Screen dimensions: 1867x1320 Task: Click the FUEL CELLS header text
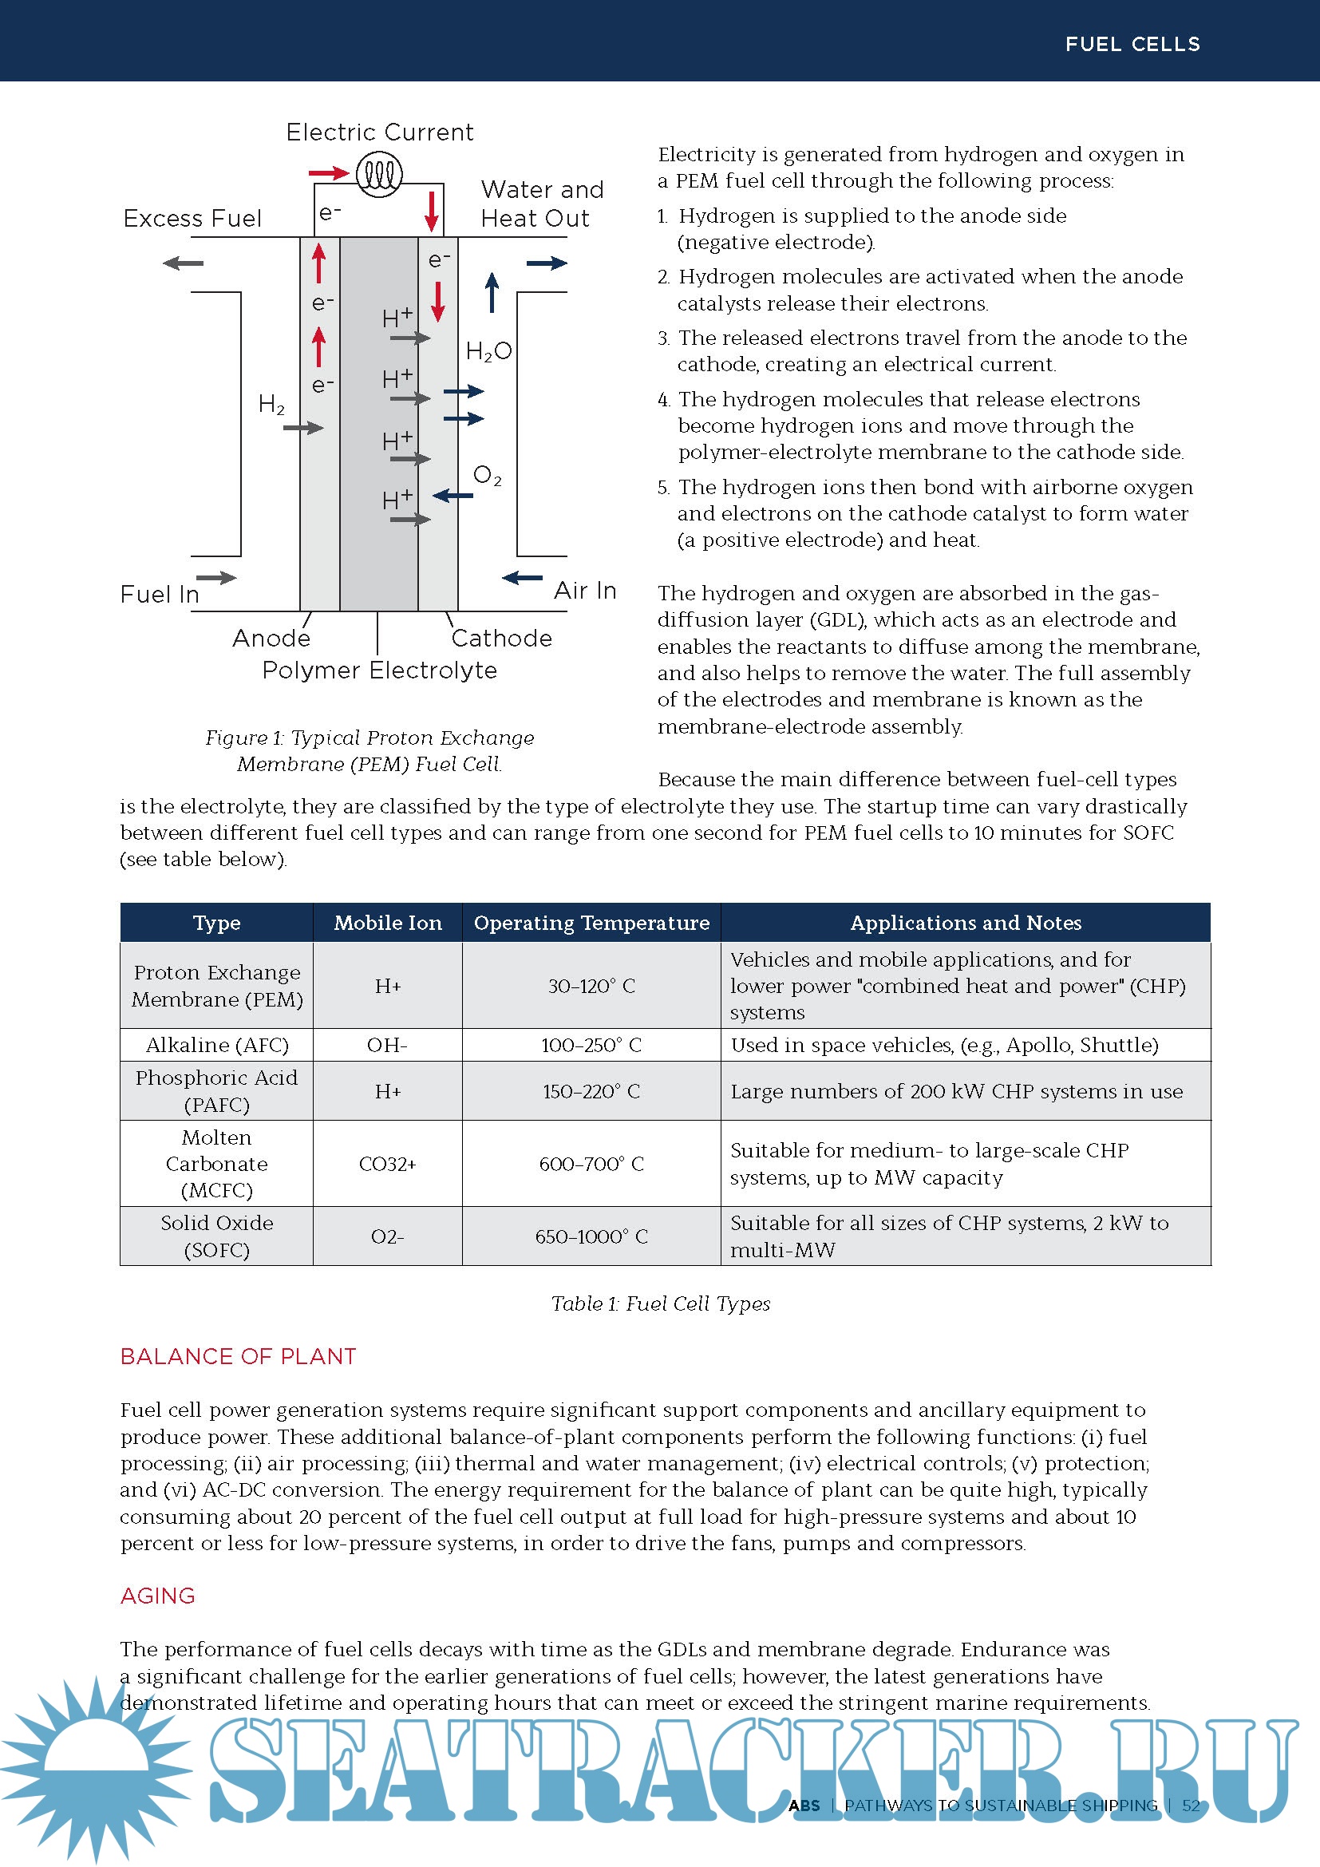1132,44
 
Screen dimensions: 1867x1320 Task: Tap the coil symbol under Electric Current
379,173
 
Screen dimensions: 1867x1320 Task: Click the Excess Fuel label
192,218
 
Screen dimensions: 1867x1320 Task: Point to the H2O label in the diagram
488,351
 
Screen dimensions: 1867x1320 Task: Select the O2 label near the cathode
487,476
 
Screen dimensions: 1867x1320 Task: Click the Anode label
271,639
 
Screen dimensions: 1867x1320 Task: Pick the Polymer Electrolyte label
379,670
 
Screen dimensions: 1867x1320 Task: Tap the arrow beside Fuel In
216,578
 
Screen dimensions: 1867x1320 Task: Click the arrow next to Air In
522,578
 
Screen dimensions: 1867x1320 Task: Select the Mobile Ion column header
388,923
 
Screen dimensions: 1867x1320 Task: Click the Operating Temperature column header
591,923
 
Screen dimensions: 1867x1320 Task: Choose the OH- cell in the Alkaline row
387,1045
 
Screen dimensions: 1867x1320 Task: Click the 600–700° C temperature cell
591,1164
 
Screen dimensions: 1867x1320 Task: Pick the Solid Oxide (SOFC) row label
217,1236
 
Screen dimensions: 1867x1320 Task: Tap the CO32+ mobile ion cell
387,1164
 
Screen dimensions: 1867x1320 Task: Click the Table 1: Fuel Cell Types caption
660,1303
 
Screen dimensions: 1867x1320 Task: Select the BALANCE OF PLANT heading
238,1356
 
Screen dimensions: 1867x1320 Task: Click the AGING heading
158,1596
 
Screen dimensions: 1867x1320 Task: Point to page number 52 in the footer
1191,1806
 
